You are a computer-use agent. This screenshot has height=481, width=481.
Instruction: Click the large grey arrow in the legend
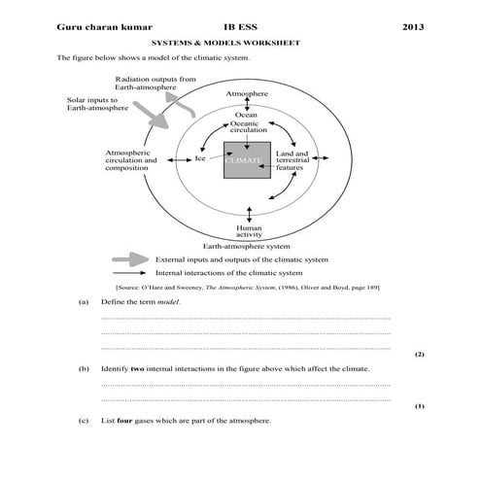click(129, 260)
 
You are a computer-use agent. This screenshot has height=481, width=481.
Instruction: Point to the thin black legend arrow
click(130, 275)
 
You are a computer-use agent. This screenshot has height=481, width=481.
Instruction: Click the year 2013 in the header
click(413, 28)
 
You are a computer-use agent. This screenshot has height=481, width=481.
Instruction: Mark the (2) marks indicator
click(419, 355)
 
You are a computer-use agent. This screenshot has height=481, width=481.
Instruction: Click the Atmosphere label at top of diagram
click(247, 94)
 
